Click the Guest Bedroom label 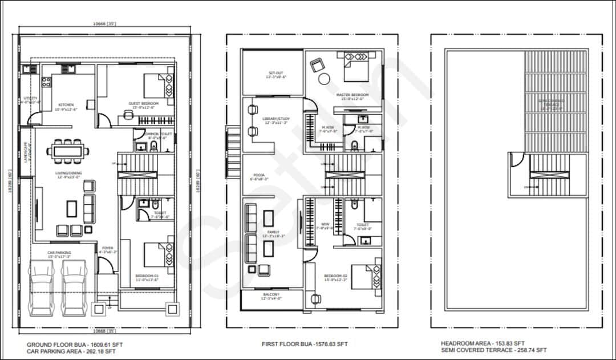coord(143,103)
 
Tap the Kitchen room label coord(66,105)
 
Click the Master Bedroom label coord(352,95)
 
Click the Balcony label coord(271,295)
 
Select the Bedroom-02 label coord(352,277)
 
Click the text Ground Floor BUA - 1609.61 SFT coord(75,345)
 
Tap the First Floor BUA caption coord(305,344)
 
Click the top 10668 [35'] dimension coord(104,23)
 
